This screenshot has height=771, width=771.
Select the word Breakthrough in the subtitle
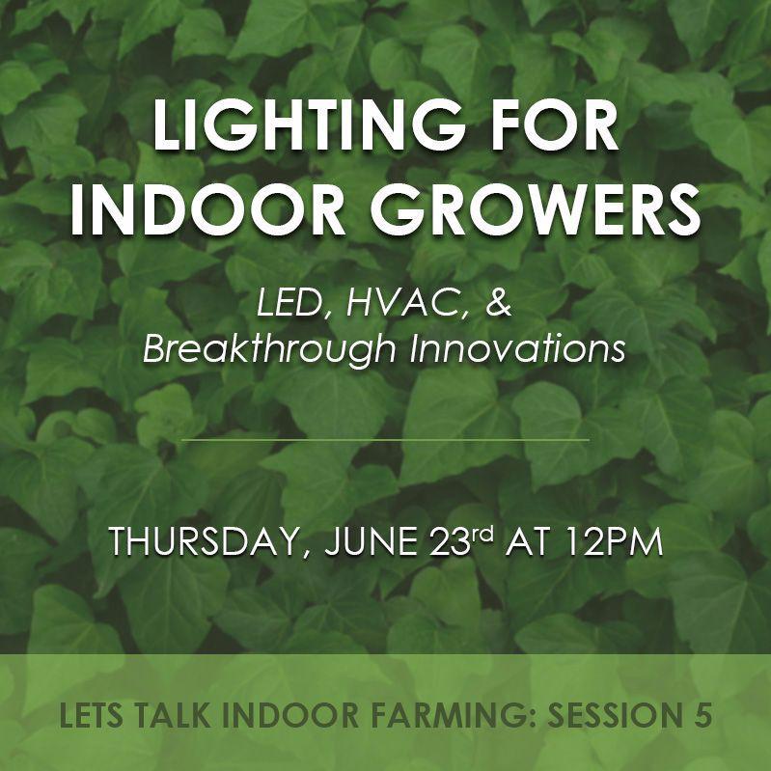click(271, 349)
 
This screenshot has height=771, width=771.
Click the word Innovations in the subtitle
click(517, 349)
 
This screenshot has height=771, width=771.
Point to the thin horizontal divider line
click(385, 440)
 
